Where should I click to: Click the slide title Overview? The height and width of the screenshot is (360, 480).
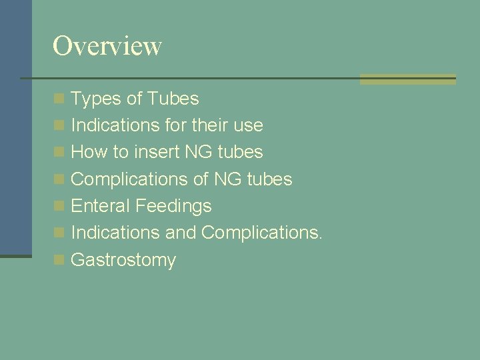click(x=107, y=46)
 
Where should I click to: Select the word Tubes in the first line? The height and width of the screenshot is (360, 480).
click(x=173, y=99)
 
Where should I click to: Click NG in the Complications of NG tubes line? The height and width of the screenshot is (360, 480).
click(x=228, y=179)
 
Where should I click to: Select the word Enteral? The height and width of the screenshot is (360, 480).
click(x=101, y=206)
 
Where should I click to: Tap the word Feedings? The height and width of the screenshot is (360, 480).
click(x=173, y=206)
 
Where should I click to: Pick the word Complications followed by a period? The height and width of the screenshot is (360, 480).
click(x=261, y=233)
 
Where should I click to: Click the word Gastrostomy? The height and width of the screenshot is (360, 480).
click(x=123, y=260)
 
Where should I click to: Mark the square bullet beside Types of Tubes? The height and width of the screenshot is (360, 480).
click(x=59, y=99)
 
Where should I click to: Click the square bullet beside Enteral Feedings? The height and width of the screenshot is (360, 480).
click(x=59, y=207)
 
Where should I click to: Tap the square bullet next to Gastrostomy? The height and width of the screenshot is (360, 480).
click(x=59, y=260)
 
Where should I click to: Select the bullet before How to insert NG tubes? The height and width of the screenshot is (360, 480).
click(x=59, y=153)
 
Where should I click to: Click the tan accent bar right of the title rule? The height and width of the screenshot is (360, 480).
click(x=407, y=79)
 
